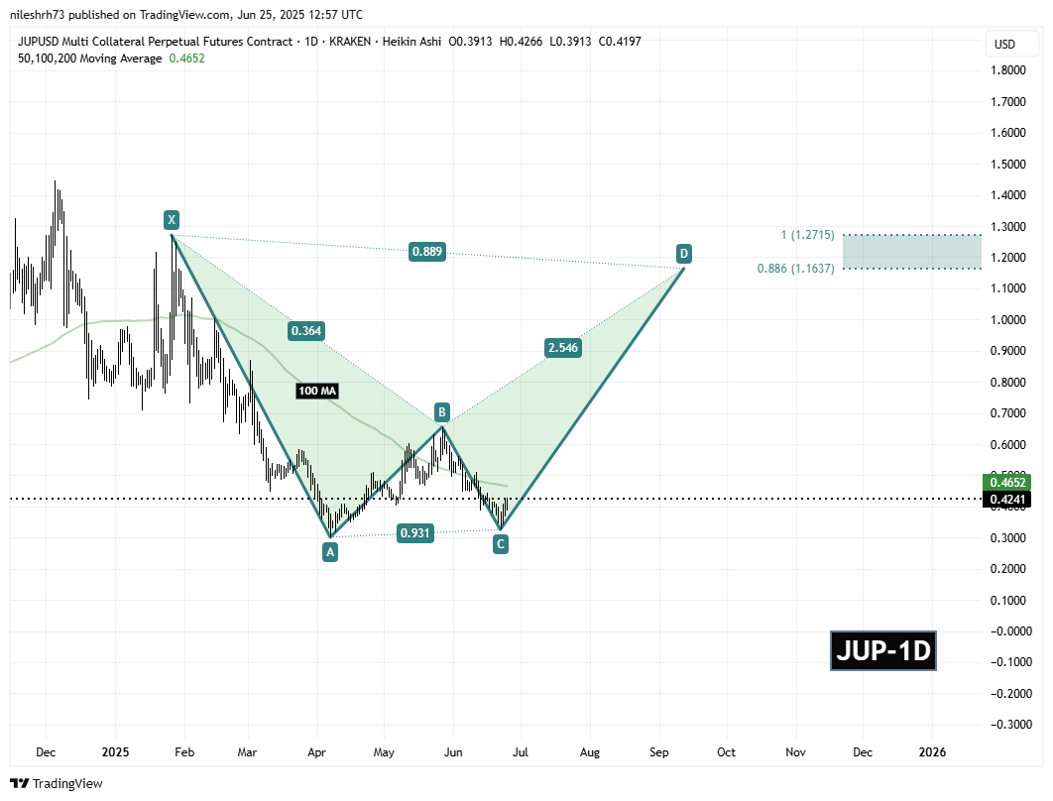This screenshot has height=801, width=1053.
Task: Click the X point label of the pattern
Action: (173, 219)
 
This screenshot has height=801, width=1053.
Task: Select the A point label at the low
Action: (330, 552)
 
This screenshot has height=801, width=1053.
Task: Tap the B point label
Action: (442, 411)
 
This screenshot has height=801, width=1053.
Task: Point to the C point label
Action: (501, 543)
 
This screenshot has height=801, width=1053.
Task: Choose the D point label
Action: (683, 252)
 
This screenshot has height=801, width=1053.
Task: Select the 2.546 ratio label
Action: (562, 347)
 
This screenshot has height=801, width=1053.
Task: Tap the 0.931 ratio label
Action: (414, 533)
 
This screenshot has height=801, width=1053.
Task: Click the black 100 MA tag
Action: (317, 392)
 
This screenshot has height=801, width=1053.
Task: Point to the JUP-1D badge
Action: (883, 651)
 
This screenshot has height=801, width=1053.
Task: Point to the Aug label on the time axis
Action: (590, 752)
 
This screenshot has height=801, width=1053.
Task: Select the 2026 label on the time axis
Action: (932, 752)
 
